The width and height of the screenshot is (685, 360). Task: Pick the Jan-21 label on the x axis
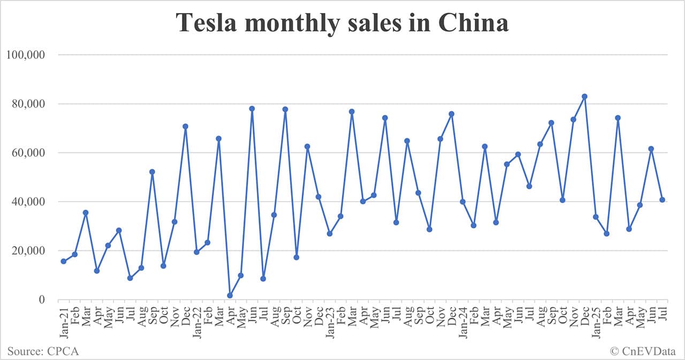pyautogui.click(x=63, y=319)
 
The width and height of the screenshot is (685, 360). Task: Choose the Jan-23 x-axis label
pyautogui.click(x=330, y=319)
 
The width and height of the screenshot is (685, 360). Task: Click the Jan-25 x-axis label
pyautogui.click(x=596, y=319)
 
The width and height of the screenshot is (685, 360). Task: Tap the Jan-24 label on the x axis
pyautogui.click(x=462, y=319)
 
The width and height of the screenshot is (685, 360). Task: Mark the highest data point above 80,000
pyautogui.click(x=584, y=97)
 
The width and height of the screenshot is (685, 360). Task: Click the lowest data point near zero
pyautogui.click(x=230, y=295)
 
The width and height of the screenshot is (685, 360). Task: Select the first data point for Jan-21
pyautogui.click(x=64, y=261)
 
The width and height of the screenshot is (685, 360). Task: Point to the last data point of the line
pyautogui.click(x=662, y=200)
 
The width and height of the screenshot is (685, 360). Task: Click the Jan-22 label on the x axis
pyautogui.click(x=196, y=319)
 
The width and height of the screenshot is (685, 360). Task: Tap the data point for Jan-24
pyautogui.click(x=463, y=202)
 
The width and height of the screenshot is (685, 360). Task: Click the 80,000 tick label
pyautogui.click(x=27, y=104)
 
